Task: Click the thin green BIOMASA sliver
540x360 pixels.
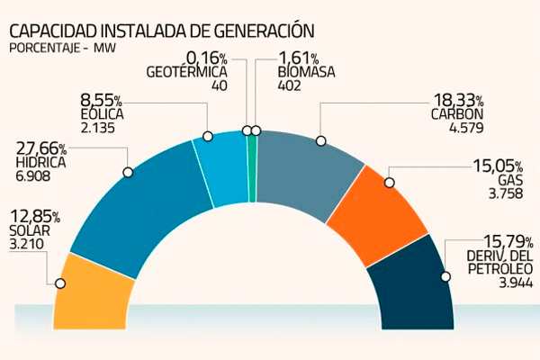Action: coord(253,166)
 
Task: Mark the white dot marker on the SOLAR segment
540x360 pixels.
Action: coord(60,283)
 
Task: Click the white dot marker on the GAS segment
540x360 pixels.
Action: coord(389,183)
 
